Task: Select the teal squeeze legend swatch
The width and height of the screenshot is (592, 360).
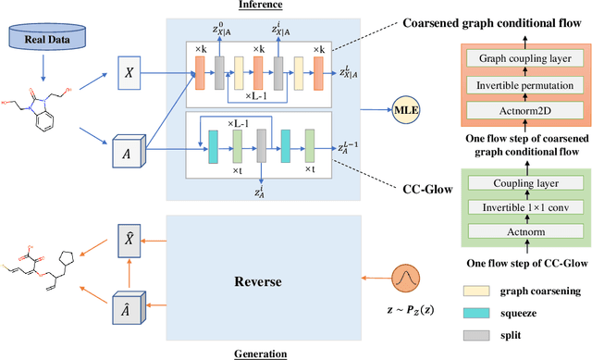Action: click(479, 313)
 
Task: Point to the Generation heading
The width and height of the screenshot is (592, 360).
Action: click(261, 353)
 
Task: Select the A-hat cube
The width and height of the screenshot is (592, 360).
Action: click(127, 311)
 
